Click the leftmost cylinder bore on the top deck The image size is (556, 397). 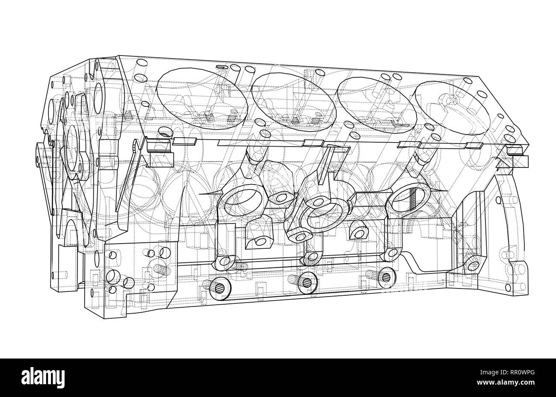click(201, 98)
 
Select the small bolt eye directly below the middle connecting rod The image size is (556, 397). click(311, 257)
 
